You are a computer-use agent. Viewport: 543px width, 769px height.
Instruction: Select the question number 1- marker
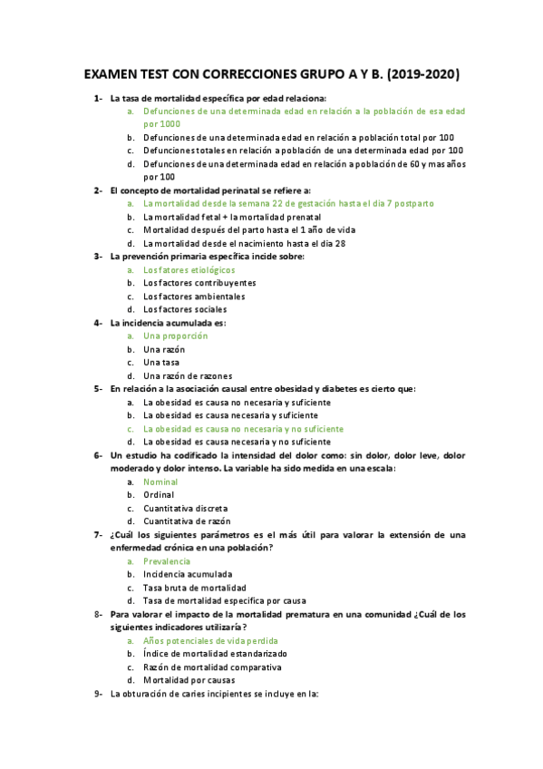[97, 98]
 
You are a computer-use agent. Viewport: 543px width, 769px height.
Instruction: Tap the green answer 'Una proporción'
[176, 336]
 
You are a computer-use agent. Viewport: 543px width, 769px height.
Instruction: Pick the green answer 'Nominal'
[160, 482]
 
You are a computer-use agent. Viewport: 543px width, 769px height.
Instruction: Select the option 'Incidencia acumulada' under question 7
[188, 574]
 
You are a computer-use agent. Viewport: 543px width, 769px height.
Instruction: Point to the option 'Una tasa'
[162, 362]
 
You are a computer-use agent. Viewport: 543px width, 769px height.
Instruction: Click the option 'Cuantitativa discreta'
[186, 508]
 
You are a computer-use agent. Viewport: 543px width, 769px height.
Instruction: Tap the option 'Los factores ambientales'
[194, 296]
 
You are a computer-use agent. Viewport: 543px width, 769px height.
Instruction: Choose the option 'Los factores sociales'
[185, 309]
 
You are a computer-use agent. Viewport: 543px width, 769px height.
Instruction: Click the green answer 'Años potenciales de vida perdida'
[209, 640]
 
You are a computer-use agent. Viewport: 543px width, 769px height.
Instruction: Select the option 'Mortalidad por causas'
[189, 680]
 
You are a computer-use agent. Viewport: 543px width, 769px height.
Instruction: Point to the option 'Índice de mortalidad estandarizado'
[215, 653]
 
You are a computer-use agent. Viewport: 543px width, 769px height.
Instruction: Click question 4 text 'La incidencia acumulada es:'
[168, 322]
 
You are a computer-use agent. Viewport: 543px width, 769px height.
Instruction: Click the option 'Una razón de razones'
[188, 375]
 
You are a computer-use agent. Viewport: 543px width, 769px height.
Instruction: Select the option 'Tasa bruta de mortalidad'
[194, 587]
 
